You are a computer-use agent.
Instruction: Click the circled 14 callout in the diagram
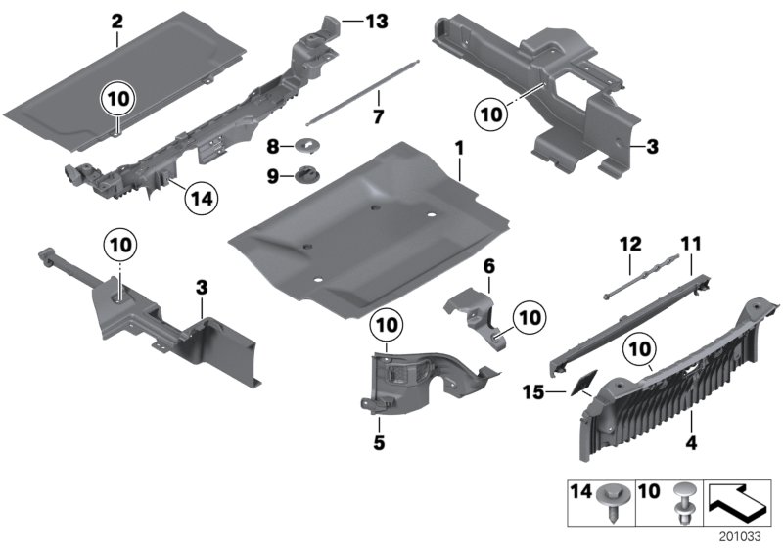click(x=201, y=199)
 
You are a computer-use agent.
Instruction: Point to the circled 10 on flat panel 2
click(x=116, y=99)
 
